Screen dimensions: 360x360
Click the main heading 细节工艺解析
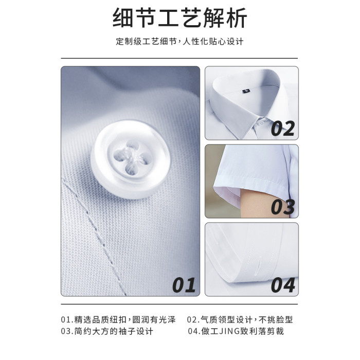(x=180, y=17)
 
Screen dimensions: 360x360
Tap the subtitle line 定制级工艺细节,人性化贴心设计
(x=179, y=42)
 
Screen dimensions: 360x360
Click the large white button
(x=131, y=159)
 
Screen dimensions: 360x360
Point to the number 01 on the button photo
(x=184, y=285)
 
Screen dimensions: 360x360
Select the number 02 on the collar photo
(x=283, y=129)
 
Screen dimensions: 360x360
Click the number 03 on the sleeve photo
(x=283, y=207)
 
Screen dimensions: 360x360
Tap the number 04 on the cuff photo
(x=283, y=285)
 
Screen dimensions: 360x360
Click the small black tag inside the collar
(x=246, y=91)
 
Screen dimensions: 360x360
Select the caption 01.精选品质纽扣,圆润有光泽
(x=118, y=319)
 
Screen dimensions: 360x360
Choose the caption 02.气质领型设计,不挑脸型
(x=240, y=319)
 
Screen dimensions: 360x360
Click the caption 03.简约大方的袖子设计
(x=107, y=331)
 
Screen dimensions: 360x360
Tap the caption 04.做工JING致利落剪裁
(x=236, y=331)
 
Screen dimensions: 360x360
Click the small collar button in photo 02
(x=261, y=123)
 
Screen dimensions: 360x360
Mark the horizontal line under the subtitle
(x=179, y=58)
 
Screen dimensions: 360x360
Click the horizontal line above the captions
(x=179, y=304)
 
